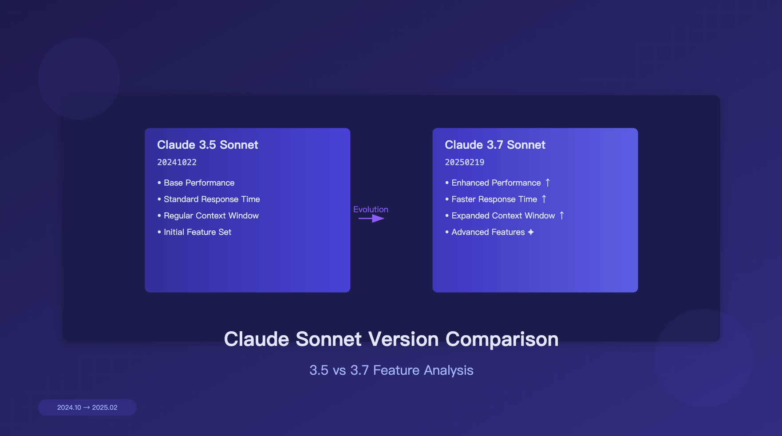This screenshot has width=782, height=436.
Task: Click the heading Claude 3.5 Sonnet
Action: point(207,145)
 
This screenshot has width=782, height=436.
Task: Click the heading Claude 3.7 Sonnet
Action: point(495,145)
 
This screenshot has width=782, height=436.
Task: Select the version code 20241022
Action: point(177,163)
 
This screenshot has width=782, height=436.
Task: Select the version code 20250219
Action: point(464,163)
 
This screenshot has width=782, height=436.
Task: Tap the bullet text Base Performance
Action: point(199,183)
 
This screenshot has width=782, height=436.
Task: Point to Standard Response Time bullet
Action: point(212,199)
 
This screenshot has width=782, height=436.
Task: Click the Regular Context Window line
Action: point(211,216)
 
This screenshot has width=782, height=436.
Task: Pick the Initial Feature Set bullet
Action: point(197,232)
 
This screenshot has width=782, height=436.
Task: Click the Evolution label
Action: point(371,210)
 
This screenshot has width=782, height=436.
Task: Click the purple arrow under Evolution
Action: point(371,218)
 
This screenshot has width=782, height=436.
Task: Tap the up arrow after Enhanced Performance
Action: point(548,182)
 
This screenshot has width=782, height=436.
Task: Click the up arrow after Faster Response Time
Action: point(544,199)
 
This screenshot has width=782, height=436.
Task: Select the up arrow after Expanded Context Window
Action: point(561,215)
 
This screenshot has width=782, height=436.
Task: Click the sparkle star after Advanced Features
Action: point(531,232)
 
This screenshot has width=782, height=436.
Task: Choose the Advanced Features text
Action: point(488,232)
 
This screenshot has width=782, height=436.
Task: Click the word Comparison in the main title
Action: point(502,340)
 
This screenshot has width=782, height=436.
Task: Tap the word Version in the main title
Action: point(403,340)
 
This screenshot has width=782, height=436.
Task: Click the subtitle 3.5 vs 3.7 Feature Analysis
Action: point(391,370)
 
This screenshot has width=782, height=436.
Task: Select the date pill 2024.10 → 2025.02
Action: point(87,408)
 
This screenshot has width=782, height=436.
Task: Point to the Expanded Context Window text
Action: point(503,216)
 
